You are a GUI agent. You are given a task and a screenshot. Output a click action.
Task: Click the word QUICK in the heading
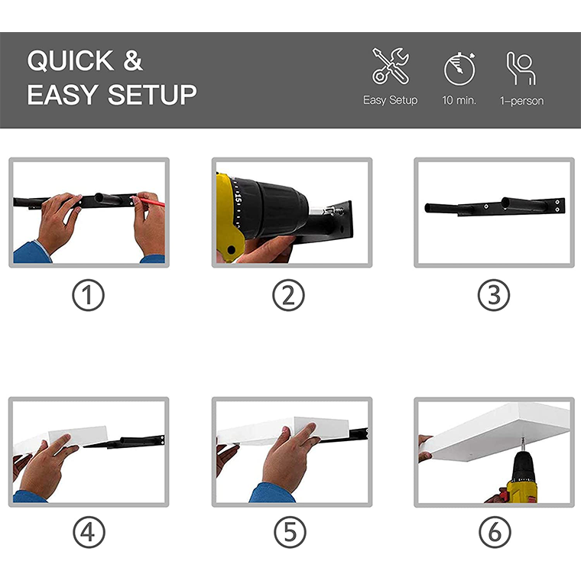click(70, 60)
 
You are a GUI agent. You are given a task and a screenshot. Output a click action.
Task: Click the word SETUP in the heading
click(152, 95)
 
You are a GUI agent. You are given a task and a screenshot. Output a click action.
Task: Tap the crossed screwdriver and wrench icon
click(391, 66)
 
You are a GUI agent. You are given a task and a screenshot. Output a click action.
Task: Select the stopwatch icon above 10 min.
click(459, 69)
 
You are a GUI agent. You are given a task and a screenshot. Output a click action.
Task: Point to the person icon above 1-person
click(521, 68)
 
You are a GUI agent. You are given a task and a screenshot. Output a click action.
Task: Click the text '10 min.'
click(459, 100)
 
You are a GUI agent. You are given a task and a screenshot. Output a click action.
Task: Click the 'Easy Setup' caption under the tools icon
click(390, 100)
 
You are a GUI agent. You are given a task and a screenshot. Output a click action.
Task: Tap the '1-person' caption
click(521, 101)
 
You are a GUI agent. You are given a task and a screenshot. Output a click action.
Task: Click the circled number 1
click(88, 295)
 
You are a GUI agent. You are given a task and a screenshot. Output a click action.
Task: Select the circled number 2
click(288, 295)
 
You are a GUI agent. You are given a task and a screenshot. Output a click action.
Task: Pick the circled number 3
click(494, 295)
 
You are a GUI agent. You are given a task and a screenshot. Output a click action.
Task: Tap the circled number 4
click(89, 533)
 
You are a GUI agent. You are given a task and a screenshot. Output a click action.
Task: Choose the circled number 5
click(290, 533)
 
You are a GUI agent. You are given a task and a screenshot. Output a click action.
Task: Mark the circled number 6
click(495, 533)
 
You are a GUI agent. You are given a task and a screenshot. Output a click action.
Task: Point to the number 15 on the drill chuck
click(237, 198)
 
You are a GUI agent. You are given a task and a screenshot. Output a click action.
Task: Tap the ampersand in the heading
click(133, 60)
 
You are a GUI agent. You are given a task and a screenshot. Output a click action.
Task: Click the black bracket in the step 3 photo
click(495, 206)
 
